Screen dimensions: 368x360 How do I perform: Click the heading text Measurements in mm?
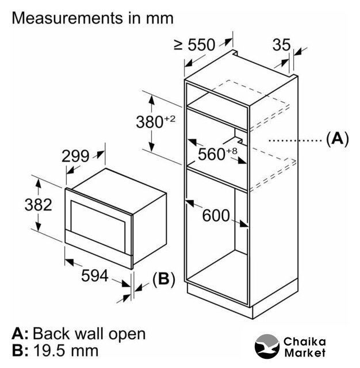point(93,18)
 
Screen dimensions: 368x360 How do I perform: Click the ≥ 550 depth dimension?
point(194,45)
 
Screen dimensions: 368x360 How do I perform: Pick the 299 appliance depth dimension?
point(76,156)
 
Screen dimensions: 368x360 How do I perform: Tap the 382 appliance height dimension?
point(24,204)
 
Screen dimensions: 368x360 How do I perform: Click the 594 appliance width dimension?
point(94,275)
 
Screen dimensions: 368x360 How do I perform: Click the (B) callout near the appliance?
point(163,279)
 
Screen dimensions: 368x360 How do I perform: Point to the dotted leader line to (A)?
point(293,140)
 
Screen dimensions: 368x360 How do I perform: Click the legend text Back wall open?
point(89,333)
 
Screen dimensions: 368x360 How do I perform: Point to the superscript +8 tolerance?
point(232,150)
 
